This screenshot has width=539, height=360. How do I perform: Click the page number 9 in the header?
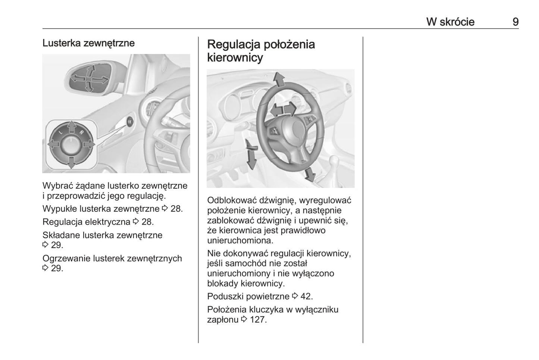tap(515, 22)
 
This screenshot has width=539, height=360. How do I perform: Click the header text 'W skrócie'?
tap(450, 22)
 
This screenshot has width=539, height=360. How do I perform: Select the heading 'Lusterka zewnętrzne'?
tap(88, 43)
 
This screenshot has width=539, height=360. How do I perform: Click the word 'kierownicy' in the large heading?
tap(235, 58)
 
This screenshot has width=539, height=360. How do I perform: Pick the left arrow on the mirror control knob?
tap(53, 144)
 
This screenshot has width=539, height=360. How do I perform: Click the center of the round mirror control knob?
tap(71, 144)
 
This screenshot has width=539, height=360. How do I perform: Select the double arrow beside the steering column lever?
tap(251, 153)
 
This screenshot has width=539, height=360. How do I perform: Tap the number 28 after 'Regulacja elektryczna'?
tap(147, 222)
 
